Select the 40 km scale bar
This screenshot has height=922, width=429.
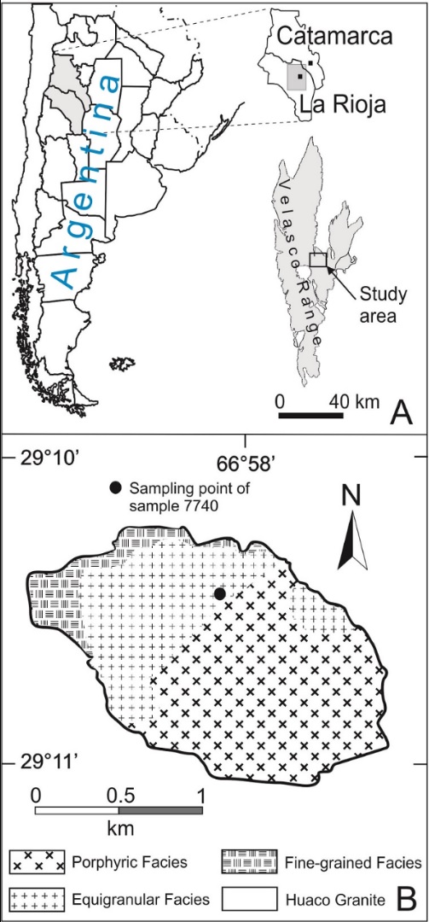(311, 417)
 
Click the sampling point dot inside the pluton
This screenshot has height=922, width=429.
(220, 593)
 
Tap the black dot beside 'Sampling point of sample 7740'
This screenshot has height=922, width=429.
(115, 489)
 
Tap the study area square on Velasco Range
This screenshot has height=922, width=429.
(317, 260)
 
